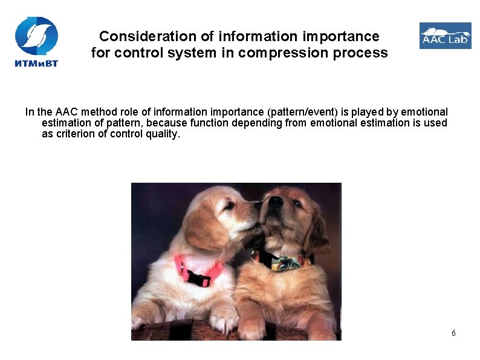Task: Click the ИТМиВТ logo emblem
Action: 36,34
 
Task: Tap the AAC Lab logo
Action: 445,36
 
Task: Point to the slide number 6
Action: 453,333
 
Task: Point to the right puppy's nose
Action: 275,201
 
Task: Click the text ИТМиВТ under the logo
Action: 36,62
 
